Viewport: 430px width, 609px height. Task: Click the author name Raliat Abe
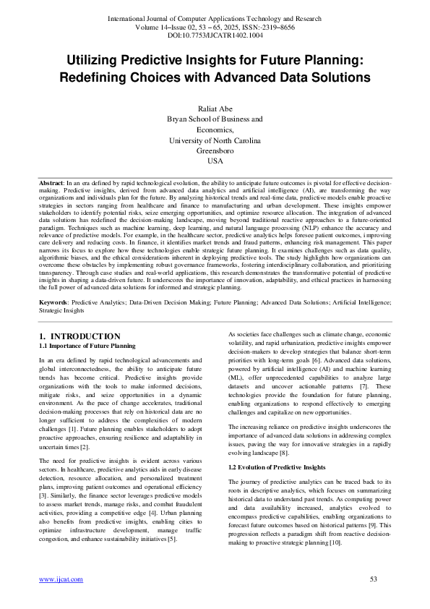coord(215,106)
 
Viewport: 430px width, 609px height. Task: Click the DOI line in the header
coord(215,34)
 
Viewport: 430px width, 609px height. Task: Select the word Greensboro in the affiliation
coord(215,150)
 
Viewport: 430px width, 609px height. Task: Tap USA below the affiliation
coord(215,161)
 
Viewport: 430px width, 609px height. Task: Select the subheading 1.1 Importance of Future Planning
coord(87,346)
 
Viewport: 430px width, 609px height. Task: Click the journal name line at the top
coord(215,17)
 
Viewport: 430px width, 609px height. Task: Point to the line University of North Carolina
coord(215,140)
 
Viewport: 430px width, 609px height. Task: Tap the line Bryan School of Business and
coord(215,118)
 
